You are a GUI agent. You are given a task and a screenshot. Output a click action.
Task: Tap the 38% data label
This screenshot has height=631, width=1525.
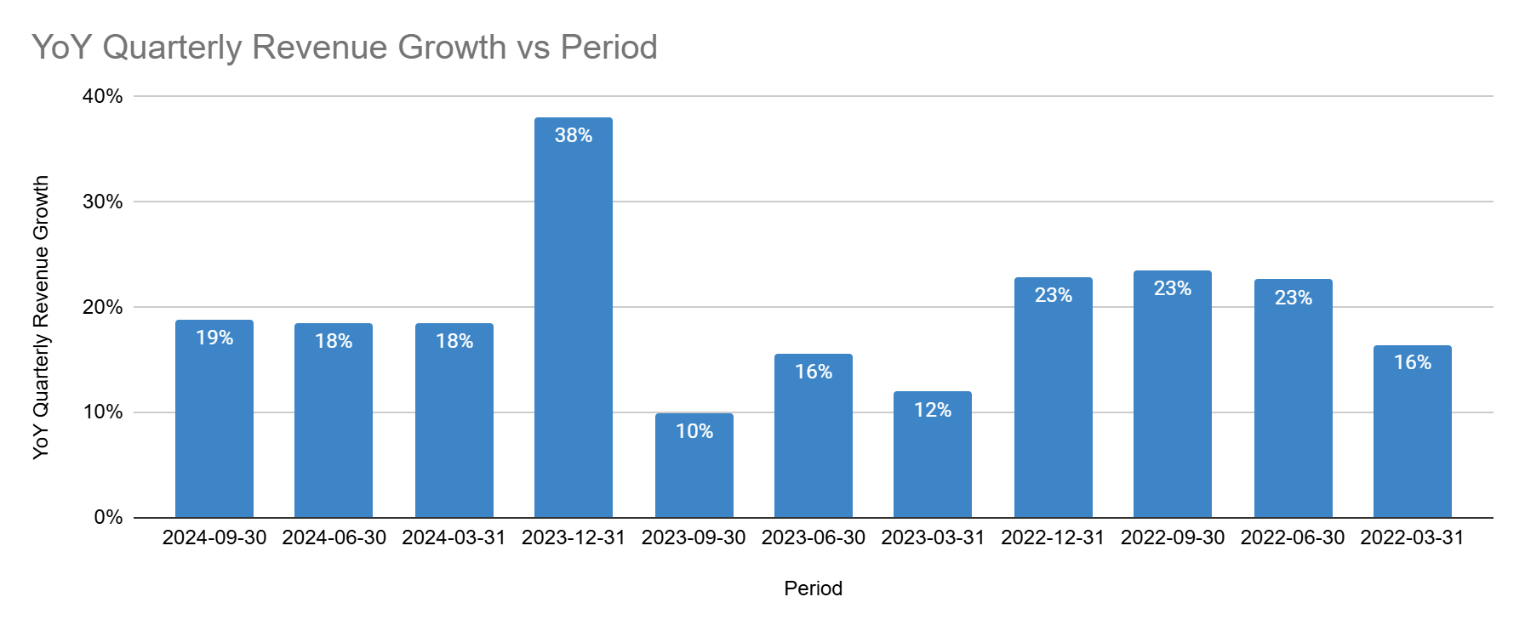point(573,135)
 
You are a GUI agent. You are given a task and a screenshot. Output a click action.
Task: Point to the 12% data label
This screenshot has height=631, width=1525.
point(932,410)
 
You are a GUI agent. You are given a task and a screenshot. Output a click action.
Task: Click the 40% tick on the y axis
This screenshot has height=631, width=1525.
point(102,96)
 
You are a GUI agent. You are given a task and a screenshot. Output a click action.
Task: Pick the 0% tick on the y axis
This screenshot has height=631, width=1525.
point(108,517)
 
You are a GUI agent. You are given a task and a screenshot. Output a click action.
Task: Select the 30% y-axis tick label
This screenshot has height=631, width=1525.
point(102,202)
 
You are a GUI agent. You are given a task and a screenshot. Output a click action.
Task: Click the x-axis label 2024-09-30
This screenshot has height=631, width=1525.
point(214,537)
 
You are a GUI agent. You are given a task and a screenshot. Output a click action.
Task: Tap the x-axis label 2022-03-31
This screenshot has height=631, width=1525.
point(1412,537)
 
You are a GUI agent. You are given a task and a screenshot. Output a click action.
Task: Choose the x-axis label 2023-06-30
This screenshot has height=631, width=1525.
point(813,537)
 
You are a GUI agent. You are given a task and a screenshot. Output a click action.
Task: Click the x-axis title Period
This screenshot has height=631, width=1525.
point(813,588)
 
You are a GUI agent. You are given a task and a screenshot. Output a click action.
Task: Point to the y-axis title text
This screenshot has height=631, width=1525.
point(41,317)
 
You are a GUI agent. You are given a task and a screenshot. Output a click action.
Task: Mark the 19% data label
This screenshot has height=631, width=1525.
point(214,338)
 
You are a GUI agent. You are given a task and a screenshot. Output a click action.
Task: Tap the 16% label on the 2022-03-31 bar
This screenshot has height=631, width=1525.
point(1412,362)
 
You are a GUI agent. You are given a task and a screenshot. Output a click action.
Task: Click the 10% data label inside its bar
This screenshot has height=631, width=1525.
point(694,431)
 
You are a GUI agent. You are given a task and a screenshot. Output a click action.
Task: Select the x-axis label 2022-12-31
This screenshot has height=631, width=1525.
point(1052,537)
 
